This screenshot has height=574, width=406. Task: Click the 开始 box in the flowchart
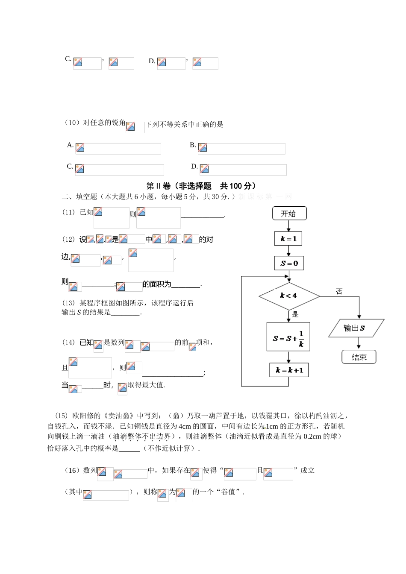pos(289,214)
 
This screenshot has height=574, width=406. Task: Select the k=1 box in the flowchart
pos(288,239)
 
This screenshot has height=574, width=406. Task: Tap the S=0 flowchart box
pos(289,264)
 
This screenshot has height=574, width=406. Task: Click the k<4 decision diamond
pos(289,296)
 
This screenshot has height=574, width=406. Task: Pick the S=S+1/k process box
pos(288,337)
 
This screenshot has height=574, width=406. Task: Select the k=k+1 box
pos(289,370)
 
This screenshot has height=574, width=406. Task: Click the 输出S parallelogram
pos(356,328)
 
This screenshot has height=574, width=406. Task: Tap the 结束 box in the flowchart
pos(359,357)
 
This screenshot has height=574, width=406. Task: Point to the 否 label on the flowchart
pos(339,292)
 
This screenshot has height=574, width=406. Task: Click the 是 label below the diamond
pos(295,315)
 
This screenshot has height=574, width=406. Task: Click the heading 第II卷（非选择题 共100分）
pos(201,186)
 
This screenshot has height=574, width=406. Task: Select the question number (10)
pos(72,123)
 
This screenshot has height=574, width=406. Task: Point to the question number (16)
pos(72,471)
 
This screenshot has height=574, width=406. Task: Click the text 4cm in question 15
pos(185,426)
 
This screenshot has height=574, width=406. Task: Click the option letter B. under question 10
pos(193,145)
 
